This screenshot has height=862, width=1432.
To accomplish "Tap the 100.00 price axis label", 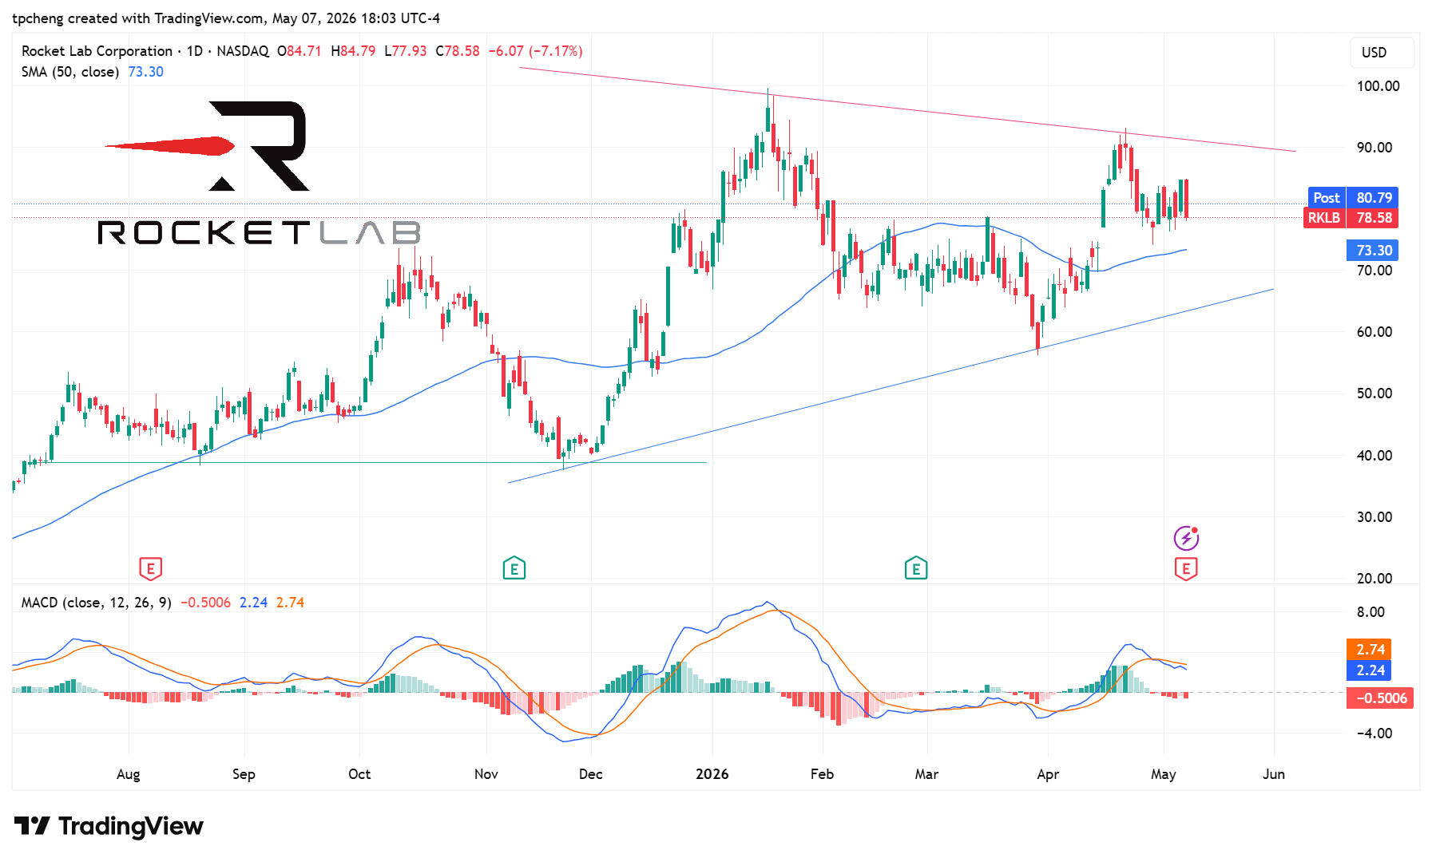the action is [x=1378, y=86].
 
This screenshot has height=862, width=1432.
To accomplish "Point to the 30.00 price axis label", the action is [x=1374, y=517].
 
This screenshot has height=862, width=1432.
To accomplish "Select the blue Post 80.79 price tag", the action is [x=1352, y=198].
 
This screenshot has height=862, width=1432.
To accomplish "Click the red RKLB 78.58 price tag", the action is [x=1351, y=218].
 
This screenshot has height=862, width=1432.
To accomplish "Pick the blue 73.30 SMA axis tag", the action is [x=1373, y=251].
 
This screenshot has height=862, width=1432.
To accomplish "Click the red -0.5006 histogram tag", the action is [x=1380, y=698].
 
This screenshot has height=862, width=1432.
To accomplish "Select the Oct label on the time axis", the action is [x=359, y=774].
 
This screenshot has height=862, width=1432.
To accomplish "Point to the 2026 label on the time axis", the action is [x=712, y=774].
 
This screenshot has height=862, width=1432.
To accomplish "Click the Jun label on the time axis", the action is [x=1274, y=774].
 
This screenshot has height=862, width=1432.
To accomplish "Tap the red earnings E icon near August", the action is [x=150, y=569].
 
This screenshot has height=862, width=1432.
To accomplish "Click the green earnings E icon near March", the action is [x=916, y=569].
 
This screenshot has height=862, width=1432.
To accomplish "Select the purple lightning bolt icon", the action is [x=1186, y=538].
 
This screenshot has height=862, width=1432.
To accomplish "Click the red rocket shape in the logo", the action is [x=169, y=146].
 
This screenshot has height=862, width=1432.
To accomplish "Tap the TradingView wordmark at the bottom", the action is [x=109, y=826].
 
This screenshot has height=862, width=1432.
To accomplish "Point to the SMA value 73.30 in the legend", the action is [x=145, y=72].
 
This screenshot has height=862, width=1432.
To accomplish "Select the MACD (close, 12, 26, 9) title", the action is [x=97, y=603].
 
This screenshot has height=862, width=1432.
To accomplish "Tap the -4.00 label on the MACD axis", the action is [x=1374, y=733].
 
